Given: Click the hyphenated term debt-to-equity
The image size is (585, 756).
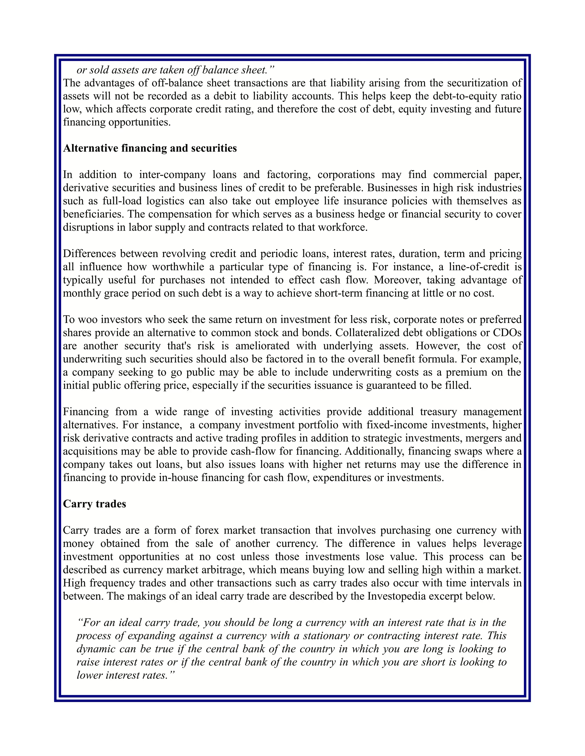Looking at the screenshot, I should pos(464,96).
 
